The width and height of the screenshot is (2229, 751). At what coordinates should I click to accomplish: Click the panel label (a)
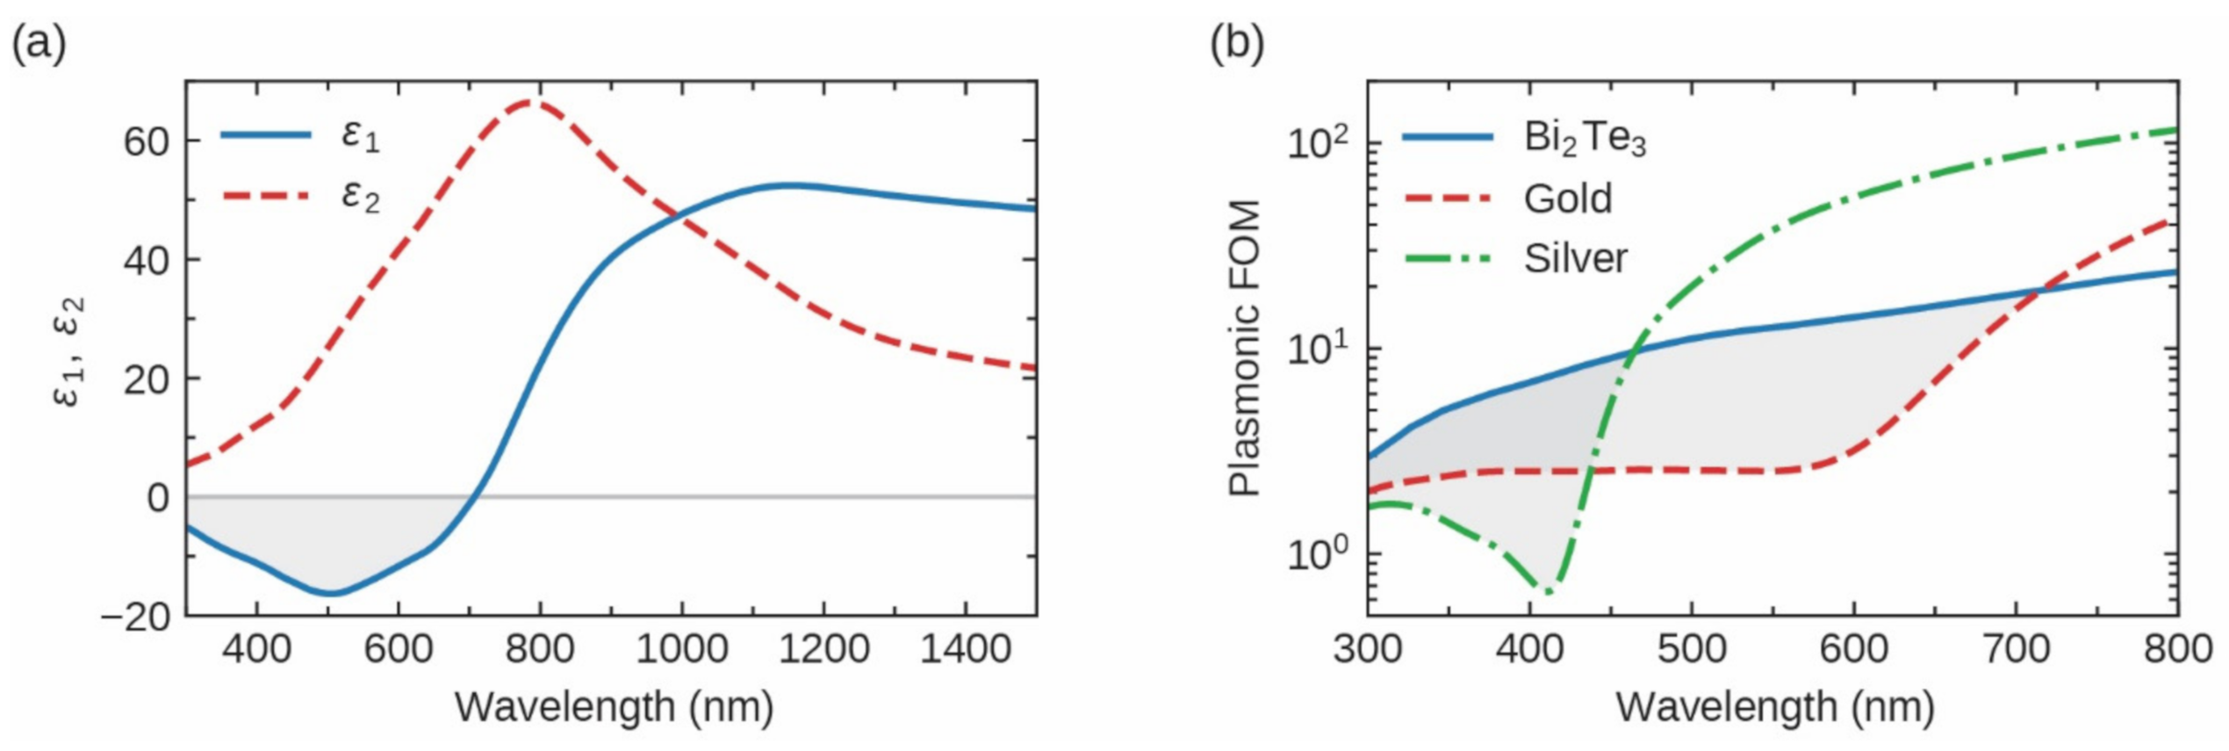39,44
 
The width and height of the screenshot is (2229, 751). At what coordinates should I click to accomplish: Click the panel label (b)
1236,44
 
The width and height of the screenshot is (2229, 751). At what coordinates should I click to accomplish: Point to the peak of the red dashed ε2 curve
529,102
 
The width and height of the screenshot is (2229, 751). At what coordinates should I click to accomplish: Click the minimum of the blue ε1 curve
330,593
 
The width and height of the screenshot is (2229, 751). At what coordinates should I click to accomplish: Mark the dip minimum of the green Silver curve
1548,591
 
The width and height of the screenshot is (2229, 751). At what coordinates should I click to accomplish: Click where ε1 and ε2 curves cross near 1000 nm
679,213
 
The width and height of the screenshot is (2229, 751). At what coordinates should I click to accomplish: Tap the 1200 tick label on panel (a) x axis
823,650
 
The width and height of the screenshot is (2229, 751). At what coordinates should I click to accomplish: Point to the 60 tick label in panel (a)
146,141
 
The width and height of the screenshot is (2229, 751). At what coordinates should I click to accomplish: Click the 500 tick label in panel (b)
1692,650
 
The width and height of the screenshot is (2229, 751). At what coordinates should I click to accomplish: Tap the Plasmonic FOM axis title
1245,349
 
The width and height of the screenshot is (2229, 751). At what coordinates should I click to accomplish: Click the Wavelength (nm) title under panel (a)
614,706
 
